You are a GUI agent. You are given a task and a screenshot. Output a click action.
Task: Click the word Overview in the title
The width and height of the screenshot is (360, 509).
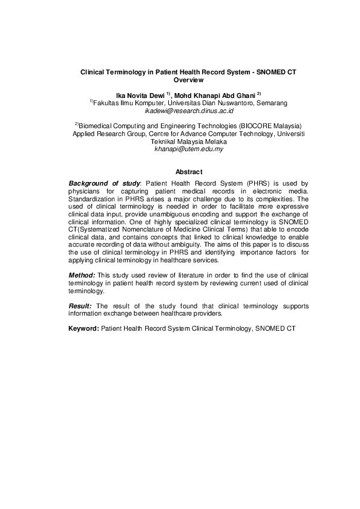pyautogui.click(x=188, y=80)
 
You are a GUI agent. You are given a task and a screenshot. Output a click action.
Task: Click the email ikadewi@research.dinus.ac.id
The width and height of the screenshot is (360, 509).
pyautogui.click(x=189, y=111)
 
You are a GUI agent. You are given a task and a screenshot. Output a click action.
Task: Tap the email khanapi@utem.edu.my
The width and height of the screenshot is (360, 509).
pyautogui.click(x=189, y=149)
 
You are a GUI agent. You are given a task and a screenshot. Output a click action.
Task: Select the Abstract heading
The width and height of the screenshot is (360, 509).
pyautogui.click(x=188, y=172)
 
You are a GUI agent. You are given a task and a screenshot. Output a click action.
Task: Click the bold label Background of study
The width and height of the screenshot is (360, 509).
pyautogui.click(x=104, y=183)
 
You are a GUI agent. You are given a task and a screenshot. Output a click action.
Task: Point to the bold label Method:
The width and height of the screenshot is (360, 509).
pyautogui.click(x=81, y=275)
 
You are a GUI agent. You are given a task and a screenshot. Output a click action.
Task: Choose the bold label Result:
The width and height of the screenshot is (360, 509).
pyautogui.click(x=80, y=306)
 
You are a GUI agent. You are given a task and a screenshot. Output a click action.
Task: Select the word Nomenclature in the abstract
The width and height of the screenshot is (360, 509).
pyautogui.click(x=145, y=230)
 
